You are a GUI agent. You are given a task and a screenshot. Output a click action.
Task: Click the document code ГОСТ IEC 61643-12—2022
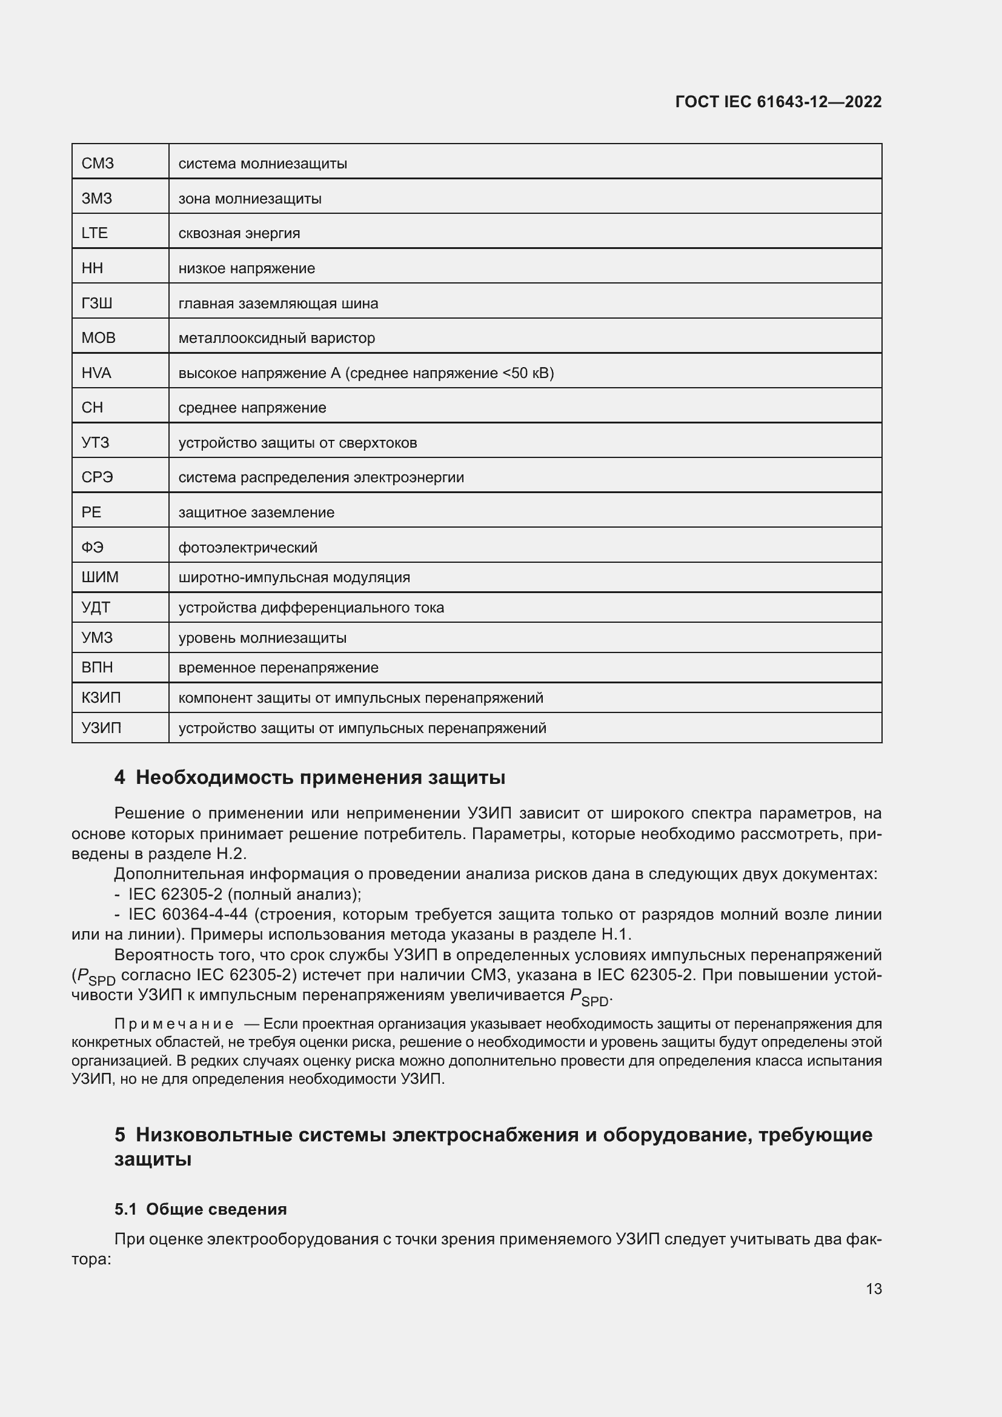[778, 102]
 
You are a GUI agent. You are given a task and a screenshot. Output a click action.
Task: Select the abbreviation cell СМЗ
[98, 164]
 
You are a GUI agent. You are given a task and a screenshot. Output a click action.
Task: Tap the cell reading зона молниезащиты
[250, 199]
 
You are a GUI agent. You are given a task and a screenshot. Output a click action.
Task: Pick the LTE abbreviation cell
[95, 233]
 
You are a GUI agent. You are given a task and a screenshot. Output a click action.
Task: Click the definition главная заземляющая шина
[278, 304]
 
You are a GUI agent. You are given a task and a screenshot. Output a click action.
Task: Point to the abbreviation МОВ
[98, 338]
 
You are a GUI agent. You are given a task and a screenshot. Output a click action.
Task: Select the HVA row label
[96, 373]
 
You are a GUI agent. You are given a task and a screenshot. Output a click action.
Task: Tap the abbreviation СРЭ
[98, 477]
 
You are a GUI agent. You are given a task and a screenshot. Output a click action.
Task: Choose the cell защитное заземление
[256, 513]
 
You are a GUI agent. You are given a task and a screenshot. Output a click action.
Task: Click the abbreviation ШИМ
[100, 578]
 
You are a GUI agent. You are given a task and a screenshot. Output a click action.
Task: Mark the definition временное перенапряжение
[278, 668]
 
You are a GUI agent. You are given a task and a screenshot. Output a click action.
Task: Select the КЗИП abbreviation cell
[101, 698]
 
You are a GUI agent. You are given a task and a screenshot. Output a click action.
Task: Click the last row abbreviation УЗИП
[101, 728]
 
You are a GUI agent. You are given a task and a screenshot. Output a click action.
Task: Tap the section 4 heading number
[120, 778]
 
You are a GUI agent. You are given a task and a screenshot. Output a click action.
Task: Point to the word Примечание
[174, 1024]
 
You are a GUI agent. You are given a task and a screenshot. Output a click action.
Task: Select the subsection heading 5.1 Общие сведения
[201, 1209]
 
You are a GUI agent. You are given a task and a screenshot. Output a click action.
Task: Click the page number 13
[874, 1289]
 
